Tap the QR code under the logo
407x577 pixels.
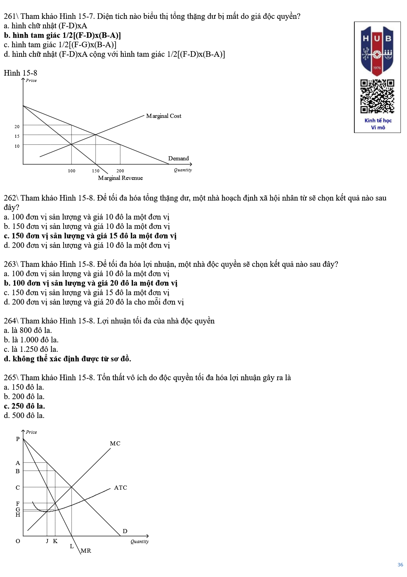377,96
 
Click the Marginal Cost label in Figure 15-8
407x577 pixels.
163,116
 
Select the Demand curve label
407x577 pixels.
178,158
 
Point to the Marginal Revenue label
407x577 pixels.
120,178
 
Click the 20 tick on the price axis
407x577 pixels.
17,126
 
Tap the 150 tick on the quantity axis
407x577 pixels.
95,171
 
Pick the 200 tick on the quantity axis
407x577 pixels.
120,171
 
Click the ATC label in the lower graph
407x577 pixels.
120,488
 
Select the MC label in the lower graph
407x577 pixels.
115,443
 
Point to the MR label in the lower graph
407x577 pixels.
86,551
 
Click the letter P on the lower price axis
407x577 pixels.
18,439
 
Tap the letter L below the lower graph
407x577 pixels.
72,546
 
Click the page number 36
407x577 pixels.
400,565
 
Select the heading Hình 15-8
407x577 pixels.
21,73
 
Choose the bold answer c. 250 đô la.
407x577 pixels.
24,406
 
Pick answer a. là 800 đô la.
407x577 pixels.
28,330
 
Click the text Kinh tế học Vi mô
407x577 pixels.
378,124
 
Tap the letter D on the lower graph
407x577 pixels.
125,531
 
